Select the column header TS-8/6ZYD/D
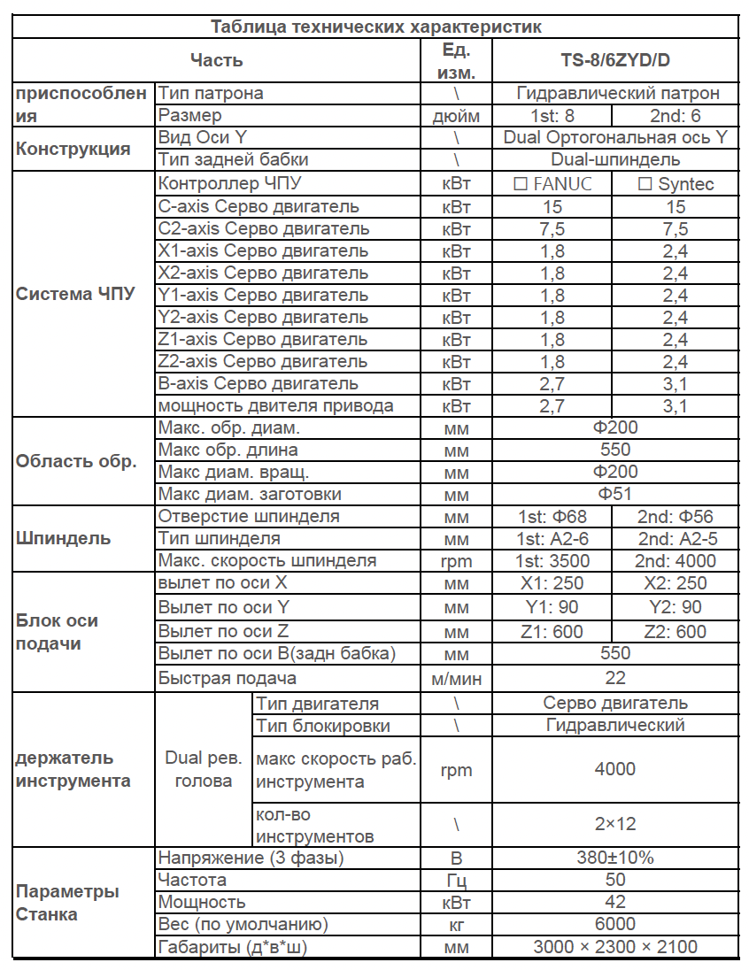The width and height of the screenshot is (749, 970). (x=615, y=61)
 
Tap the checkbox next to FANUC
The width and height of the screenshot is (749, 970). (x=521, y=184)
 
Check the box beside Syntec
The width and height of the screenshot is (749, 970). (x=645, y=184)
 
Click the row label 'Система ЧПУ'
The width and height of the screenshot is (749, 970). (x=76, y=295)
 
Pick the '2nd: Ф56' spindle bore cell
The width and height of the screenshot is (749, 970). (x=676, y=517)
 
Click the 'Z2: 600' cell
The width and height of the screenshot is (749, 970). (x=676, y=631)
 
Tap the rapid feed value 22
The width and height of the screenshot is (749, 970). (x=615, y=678)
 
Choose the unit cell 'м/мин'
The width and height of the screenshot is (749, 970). (x=456, y=678)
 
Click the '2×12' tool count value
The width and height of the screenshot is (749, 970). (x=615, y=824)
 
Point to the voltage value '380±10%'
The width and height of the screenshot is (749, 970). (x=615, y=858)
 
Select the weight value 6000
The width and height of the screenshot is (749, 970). (x=615, y=924)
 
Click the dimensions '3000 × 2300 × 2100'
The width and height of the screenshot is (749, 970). (x=615, y=946)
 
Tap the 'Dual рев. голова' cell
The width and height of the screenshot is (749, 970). (x=204, y=769)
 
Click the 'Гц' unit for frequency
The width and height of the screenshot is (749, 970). (x=456, y=880)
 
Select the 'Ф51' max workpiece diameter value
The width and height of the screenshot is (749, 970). (x=615, y=494)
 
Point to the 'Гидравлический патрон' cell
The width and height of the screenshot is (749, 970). (x=615, y=93)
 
